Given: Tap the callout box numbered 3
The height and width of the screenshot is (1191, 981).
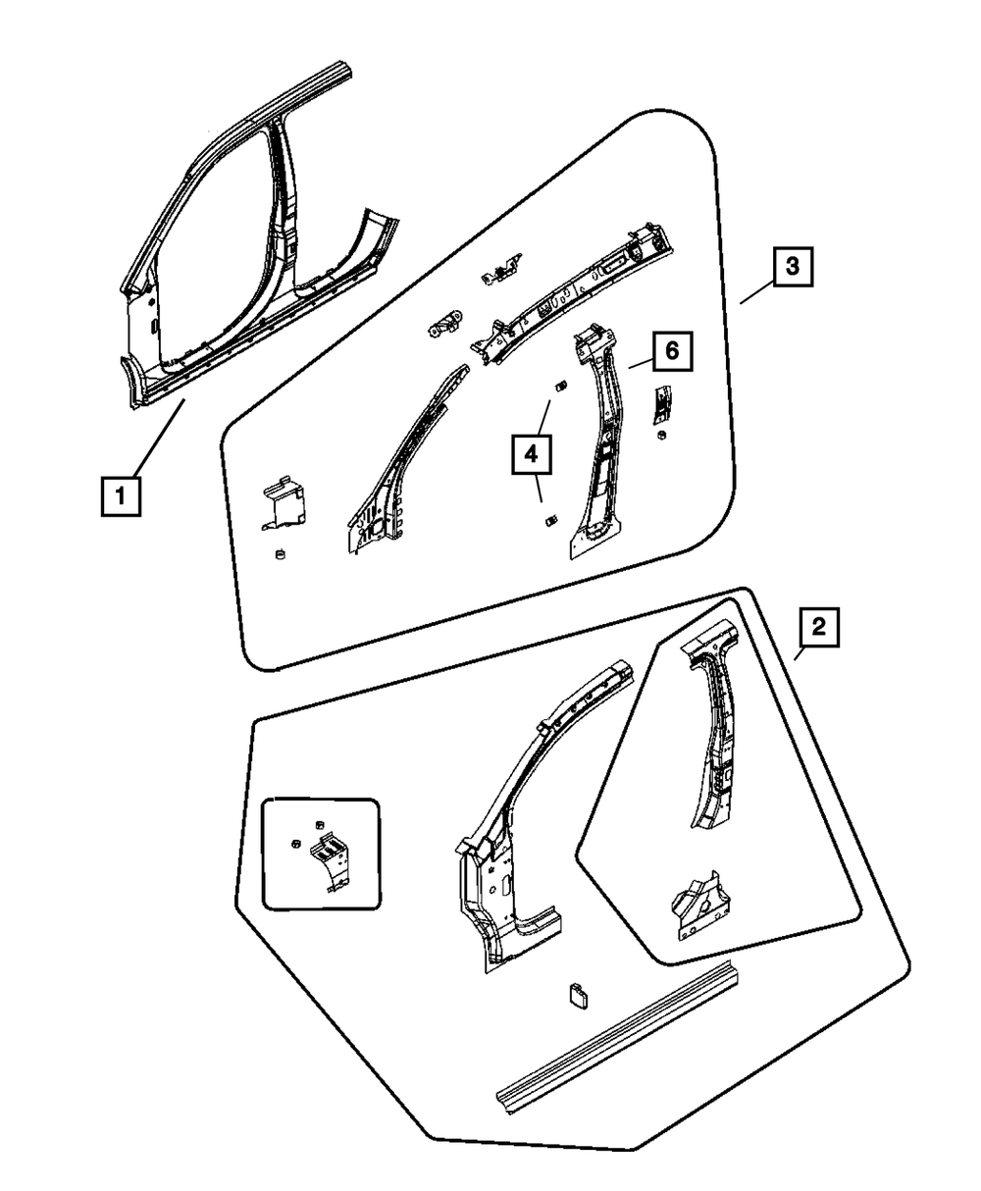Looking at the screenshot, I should pos(793,267).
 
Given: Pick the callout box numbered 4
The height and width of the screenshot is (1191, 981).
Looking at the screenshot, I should pos(531,454).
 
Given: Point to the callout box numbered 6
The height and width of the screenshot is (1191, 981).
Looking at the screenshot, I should pos(671,350).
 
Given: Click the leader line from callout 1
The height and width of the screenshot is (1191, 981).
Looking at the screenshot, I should pos(157,438).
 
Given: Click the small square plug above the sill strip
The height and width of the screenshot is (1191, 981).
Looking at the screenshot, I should pos(578,994).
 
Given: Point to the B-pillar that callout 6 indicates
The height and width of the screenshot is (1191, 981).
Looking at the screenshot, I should pos(598,446).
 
